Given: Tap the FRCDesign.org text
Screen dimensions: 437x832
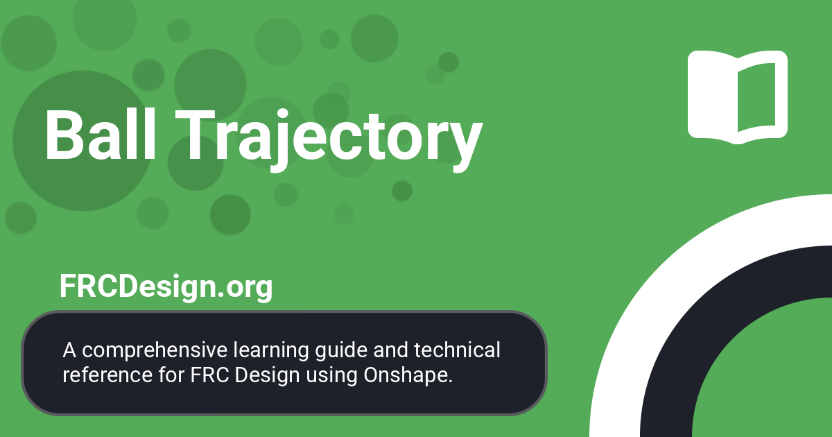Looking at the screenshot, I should [x=166, y=286].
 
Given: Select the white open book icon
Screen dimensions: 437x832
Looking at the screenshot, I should [x=737, y=97].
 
